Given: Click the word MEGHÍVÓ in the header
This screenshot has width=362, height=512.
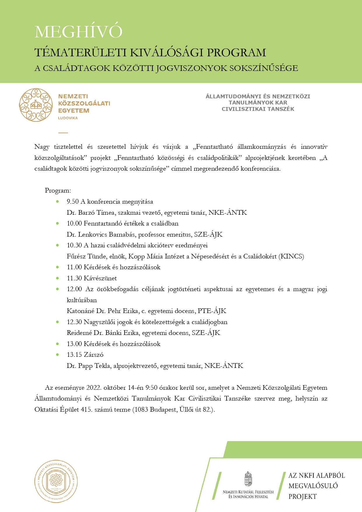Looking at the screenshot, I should click(78, 32).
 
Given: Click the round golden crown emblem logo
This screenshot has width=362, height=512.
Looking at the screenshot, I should click(36, 105).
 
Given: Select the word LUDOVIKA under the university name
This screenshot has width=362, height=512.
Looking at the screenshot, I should click(68, 118).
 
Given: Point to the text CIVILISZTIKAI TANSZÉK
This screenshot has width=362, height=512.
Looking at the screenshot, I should click(258, 109).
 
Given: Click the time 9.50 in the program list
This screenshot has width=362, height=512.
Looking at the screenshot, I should click(73, 202).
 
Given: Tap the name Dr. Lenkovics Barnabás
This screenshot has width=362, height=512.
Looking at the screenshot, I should click(101, 235).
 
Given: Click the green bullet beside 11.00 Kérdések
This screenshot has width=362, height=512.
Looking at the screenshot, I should click(57, 267).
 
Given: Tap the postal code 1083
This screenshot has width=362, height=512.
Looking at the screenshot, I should click(141, 410).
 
